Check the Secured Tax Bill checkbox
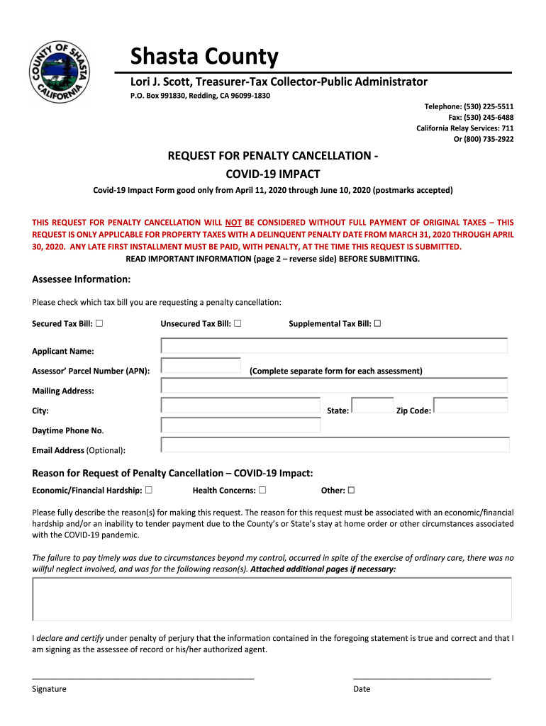[99, 324]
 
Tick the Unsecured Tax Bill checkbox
[237, 324]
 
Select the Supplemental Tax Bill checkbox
[377, 324]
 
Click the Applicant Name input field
[334, 346]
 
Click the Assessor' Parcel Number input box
[201, 366]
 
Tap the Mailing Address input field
[334, 386]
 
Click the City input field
[240, 406]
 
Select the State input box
[372, 406]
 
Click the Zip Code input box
[471, 406]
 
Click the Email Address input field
[335, 445]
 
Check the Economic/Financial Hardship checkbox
[149, 490]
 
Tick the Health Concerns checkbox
[262, 490]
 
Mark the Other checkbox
[351, 490]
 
